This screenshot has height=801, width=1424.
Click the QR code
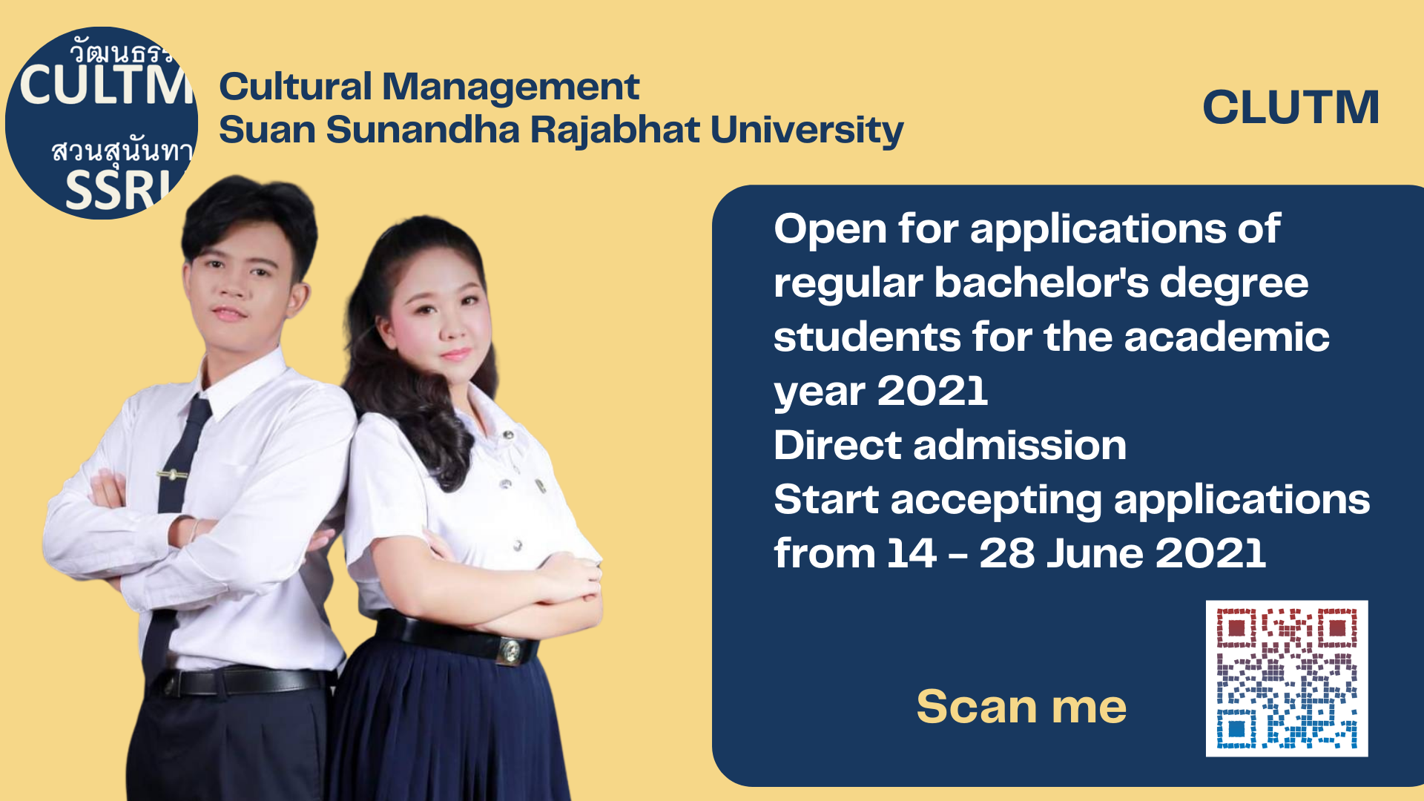[1287, 678]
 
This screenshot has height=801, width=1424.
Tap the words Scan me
[1021, 706]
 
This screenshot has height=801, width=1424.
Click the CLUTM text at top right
[1290, 107]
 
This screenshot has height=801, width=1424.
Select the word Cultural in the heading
[295, 86]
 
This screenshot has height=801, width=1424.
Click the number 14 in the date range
[912, 553]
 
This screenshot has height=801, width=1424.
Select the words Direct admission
[950, 445]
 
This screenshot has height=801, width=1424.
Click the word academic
[1227, 337]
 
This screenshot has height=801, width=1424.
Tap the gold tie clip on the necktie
[172, 473]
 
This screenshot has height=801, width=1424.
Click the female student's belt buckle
[510, 651]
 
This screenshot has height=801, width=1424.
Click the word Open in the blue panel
[829, 230]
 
